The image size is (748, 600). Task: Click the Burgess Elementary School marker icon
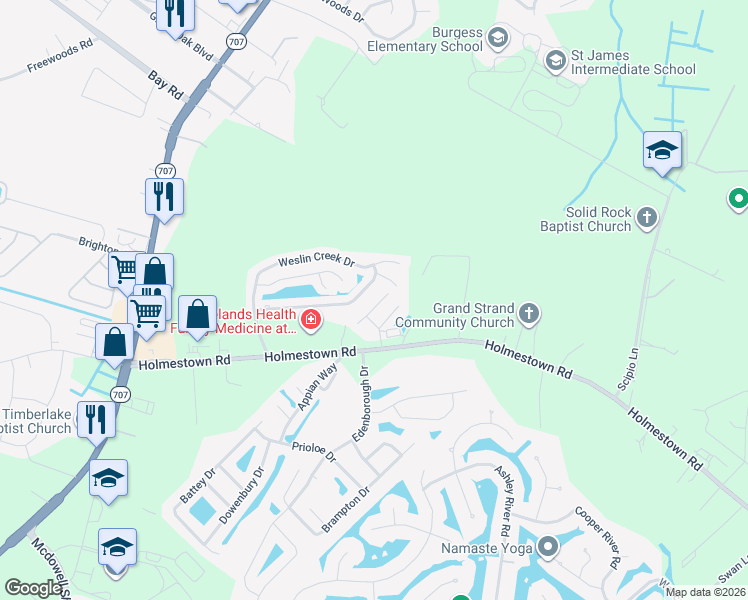(499, 38)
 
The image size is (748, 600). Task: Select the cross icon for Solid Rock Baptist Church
(647, 216)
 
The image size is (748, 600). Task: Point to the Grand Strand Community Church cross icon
(529, 315)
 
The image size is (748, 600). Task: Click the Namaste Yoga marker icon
(547, 548)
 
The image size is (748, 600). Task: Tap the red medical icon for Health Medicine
(311, 320)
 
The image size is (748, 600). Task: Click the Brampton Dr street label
(346, 508)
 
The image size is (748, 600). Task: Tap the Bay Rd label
(165, 84)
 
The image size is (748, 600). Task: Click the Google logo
(33, 587)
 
